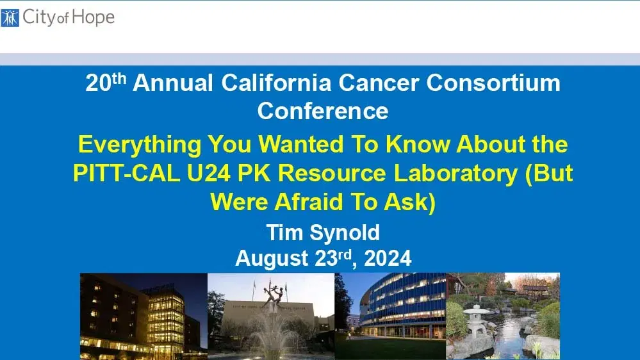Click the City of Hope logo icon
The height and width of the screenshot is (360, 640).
pyautogui.click(x=10, y=17)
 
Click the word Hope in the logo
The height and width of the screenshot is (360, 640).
pyautogui.click(x=92, y=17)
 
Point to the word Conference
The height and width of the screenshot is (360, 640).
pyautogui.click(x=323, y=111)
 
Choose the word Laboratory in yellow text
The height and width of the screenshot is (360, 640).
pyautogui.click(x=452, y=174)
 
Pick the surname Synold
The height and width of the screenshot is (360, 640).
pyautogui.click(x=347, y=232)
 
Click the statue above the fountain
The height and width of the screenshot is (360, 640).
pyautogui.click(x=272, y=295)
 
